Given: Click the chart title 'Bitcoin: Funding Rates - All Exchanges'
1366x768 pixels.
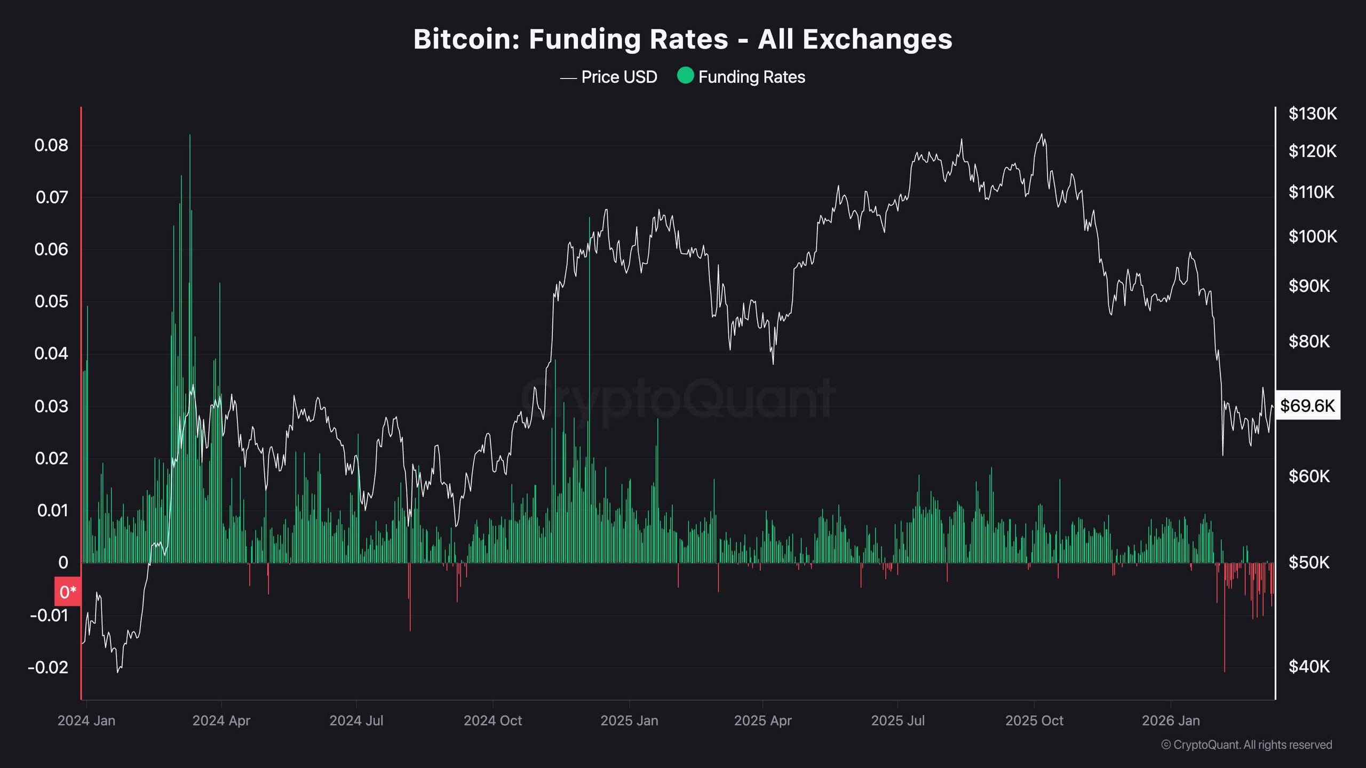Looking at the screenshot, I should [x=682, y=39].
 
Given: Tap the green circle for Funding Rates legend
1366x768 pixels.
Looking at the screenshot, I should [x=685, y=76].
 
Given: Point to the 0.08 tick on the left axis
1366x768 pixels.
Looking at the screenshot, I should [x=51, y=145].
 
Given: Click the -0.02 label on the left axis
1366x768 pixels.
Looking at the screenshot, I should [x=48, y=667].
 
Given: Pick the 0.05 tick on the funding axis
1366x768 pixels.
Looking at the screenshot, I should [x=51, y=301].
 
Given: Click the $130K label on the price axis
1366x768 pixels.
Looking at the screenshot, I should [x=1312, y=114].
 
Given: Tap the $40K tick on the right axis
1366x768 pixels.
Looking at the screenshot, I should [x=1309, y=666].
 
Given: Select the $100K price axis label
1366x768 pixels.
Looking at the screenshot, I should [x=1312, y=236].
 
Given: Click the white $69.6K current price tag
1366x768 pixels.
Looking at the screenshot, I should [x=1307, y=406].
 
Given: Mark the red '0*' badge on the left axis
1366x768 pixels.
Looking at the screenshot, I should [x=68, y=592].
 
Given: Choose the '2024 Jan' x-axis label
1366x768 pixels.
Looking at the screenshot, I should [x=86, y=721].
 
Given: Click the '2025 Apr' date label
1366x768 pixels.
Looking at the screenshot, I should [x=763, y=721].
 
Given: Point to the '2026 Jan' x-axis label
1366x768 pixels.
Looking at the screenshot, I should [x=1171, y=721].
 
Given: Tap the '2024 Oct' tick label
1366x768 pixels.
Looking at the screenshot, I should [x=493, y=721].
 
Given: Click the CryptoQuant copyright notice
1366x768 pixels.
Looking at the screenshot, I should [x=1246, y=745].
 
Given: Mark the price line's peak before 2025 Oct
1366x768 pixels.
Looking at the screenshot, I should [x=1041, y=134].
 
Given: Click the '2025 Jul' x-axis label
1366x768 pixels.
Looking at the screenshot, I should [x=898, y=721].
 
